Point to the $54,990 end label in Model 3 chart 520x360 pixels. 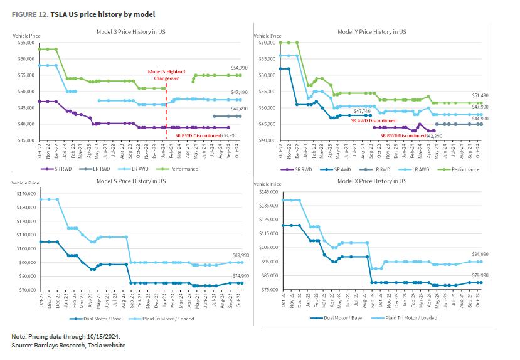coord(232,68)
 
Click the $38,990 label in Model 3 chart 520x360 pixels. coord(228,135)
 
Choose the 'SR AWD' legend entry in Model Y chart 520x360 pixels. coord(336,169)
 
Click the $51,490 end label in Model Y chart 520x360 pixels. coord(480,96)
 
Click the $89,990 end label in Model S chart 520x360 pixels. coord(233,255)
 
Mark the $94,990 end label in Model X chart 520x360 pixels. coord(480,255)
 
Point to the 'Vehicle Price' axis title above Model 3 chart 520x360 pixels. coord(26,38)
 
